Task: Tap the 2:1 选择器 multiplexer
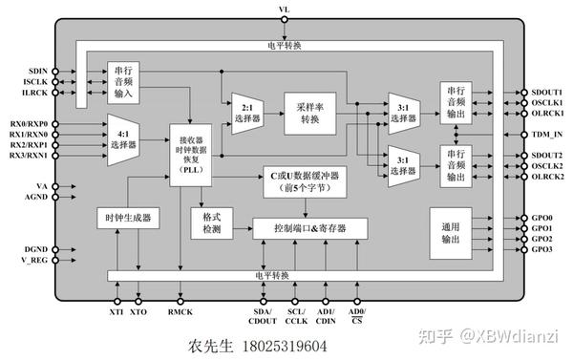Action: tap(245, 113)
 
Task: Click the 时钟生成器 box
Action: tap(127, 219)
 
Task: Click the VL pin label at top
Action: tap(284, 9)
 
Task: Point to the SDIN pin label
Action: tap(37, 71)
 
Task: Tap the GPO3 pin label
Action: tap(541, 249)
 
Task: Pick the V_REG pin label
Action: tap(33, 261)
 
